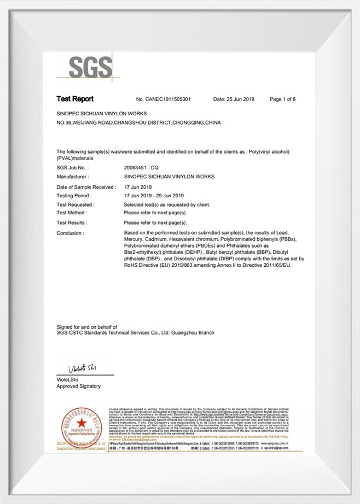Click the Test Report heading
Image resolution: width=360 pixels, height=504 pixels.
coord(75,99)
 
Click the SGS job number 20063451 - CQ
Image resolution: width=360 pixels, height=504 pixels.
coord(141,168)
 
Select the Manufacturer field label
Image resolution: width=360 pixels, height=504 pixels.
coord(72,177)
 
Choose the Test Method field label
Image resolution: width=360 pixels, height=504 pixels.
coord(72,213)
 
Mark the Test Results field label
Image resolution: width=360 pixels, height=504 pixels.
coord(72,223)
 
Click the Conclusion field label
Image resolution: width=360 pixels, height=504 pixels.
coord(70,233)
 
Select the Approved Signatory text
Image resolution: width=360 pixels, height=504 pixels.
coord(79,386)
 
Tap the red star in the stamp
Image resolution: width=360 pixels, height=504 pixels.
coord(81,423)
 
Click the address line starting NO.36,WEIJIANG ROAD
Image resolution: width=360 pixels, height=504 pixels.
coord(138,123)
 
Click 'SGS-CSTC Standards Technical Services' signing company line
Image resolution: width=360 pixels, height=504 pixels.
coord(135,332)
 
